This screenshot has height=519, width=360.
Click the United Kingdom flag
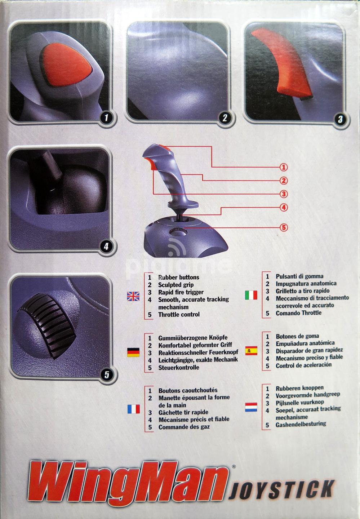tap(133, 296)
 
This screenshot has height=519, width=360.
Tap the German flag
tap(133, 352)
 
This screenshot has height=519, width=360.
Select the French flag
tap(133, 409)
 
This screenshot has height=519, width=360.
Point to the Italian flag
tap(251, 295)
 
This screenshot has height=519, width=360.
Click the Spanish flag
tap(251, 350)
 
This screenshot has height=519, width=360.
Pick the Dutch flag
tap(251, 407)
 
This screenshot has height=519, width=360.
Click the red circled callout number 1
tap(284, 167)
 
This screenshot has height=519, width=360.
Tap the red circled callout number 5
tap(284, 227)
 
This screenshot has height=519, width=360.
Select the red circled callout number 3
tap(284, 194)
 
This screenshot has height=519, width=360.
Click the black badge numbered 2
tap(225, 118)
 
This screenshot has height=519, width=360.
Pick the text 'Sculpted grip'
tap(176, 285)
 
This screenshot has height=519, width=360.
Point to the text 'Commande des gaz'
tap(184, 427)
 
